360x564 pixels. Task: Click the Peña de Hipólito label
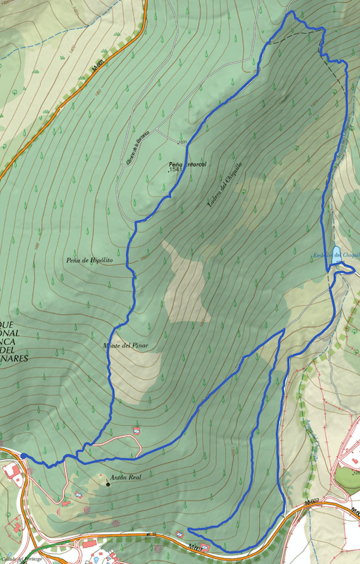pyautogui.click(x=89, y=260)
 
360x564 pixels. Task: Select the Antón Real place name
pyautogui.click(x=127, y=478)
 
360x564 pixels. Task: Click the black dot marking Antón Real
pyautogui.click(x=108, y=484)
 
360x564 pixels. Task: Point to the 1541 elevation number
pyautogui.click(x=176, y=170)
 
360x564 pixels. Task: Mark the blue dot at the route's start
pyautogui.click(x=24, y=456)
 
